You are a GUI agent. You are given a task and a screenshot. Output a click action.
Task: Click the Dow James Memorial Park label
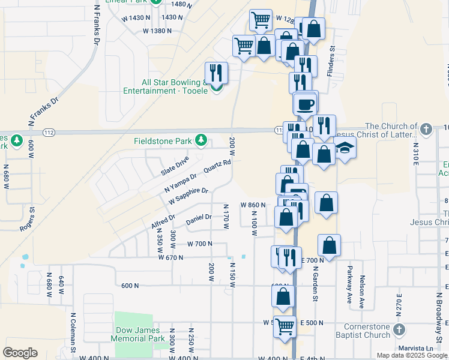[x=138, y=334]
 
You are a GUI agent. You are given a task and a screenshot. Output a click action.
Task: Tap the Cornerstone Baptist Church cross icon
[x=402, y=330]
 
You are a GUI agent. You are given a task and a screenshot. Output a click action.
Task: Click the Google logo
[x=20, y=353]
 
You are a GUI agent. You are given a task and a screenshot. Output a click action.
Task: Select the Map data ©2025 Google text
[x=411, y=355]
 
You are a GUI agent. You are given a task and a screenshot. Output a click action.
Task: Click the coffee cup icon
[x=305, y=104]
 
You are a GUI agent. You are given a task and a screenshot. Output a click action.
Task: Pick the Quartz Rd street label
[x=217, y=166]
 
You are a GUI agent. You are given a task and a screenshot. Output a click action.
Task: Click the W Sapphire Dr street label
[x=188, y=195]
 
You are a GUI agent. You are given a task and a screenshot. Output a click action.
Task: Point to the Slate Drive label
[x=175, y=166]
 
